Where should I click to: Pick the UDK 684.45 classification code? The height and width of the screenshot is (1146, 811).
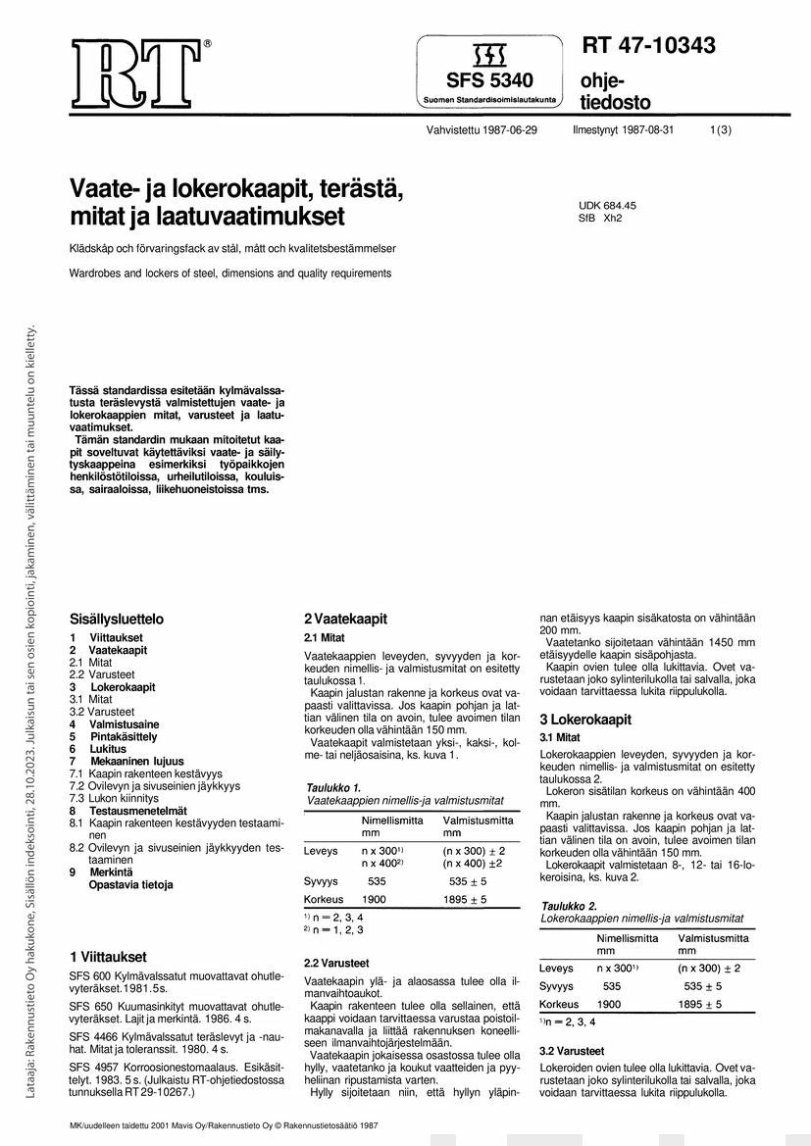607,205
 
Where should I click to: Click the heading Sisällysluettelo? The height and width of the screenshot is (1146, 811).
116,620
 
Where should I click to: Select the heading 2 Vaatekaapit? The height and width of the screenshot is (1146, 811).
345,619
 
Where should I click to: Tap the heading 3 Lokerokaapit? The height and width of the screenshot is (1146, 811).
584,720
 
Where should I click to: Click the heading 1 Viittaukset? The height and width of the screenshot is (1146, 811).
108,956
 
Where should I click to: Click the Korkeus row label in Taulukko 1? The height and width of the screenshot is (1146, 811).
323,899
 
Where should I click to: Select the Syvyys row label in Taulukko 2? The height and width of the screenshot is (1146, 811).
556,986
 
